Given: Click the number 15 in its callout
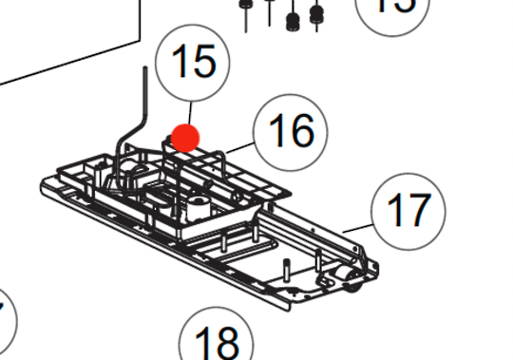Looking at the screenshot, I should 193,62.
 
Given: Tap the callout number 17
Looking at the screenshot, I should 408,208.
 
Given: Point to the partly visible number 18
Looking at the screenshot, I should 217,341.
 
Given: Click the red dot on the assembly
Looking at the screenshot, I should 184,138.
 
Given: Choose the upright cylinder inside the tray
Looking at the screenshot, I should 200,205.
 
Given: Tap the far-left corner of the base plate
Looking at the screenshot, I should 45,180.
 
